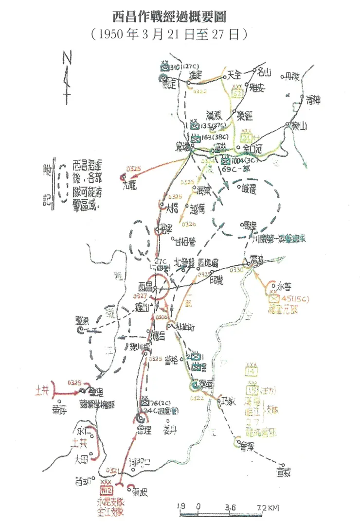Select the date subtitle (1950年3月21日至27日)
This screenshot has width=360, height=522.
click(x=169, y=34)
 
